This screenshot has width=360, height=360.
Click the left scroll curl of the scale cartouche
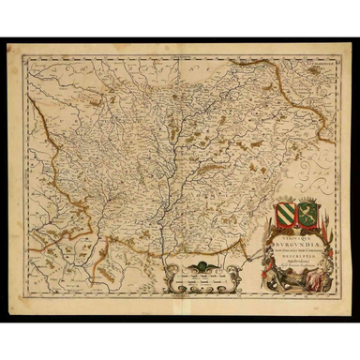167,277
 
